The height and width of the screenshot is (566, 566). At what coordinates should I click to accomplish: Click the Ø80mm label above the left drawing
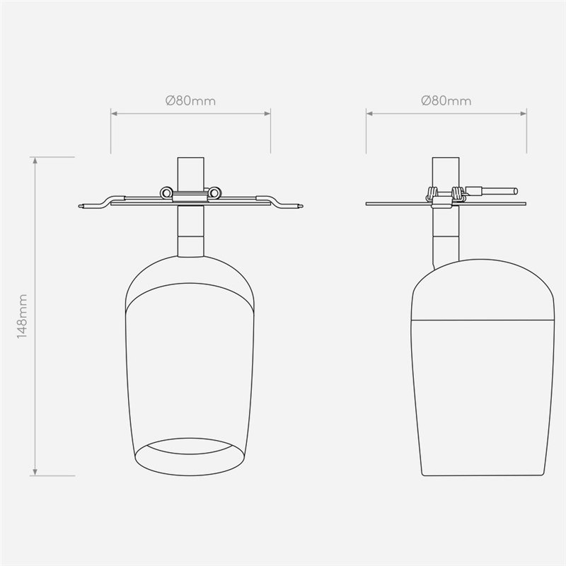tap(190, 100)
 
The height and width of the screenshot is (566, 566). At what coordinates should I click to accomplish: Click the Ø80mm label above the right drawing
tap(446, 100)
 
